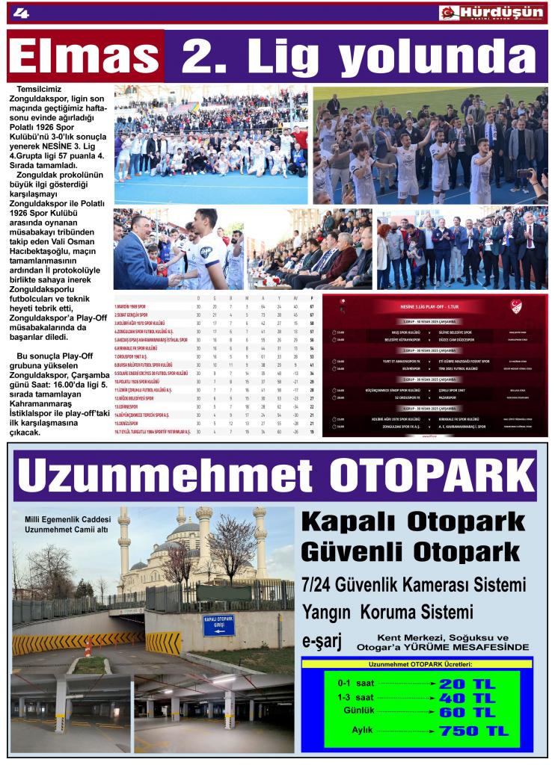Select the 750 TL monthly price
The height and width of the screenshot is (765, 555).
pyautogui.click(x=473, y=730)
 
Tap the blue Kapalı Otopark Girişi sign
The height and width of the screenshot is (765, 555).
pyautogui.click(x=218, y=625)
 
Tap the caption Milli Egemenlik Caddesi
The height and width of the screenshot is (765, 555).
pyautogui.click(x=67, y=519)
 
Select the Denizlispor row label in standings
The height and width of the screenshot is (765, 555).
pyautogui.click(x=131, y=424)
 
